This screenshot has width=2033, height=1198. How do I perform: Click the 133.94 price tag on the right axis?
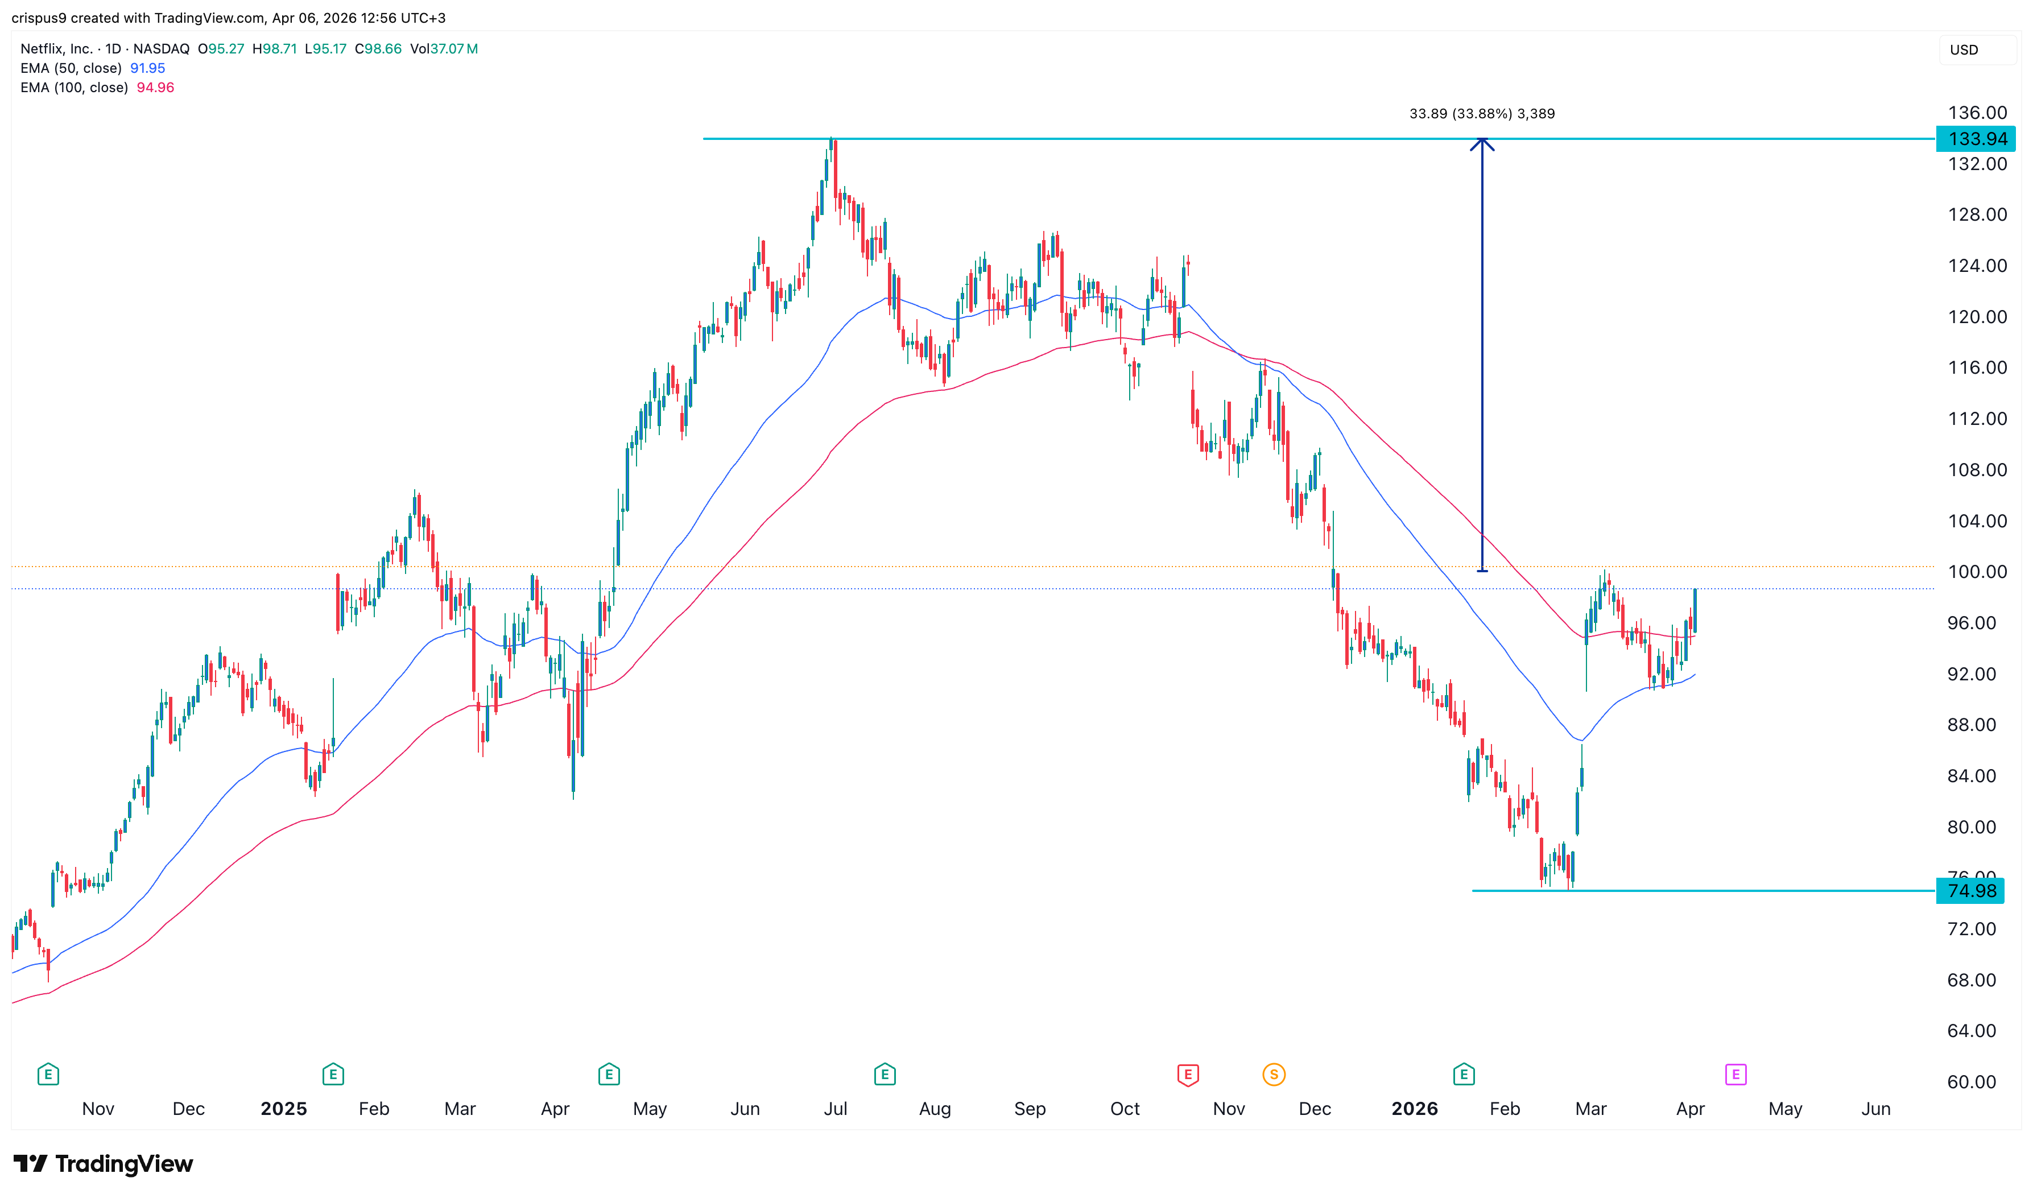(x=1975, y=139)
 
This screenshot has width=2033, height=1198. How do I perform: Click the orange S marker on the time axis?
(x=1274, y=1075)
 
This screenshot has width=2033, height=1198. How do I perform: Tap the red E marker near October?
(x=1187, y=1075)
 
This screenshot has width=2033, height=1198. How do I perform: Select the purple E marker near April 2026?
(x=1735, y=1075)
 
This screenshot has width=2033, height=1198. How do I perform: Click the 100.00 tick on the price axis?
(x=1977, y=572)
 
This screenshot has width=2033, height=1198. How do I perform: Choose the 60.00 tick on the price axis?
(x=1971, y=1083)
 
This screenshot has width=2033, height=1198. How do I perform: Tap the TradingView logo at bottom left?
(x=104, y=1164)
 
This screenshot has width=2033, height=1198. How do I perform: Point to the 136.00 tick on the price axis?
(x=1977, y=113)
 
